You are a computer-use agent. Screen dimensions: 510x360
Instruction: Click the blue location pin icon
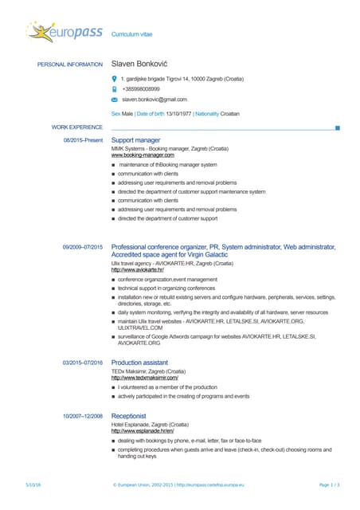(x=114, y=79)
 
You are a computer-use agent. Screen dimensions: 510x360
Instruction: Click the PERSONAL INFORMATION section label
(x=70, y=65)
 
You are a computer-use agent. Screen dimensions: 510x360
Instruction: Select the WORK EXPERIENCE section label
(x=77, y=127)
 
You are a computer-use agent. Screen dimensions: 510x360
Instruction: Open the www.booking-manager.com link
(x=143, y=155)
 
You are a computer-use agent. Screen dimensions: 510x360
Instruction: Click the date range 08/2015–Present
(x=83, y=140)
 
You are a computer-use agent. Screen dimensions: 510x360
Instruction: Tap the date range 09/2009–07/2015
(x=83, y=248)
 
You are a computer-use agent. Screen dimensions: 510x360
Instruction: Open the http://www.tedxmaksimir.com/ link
(x=145, y=377)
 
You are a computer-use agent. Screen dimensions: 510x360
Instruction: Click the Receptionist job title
(x=128, y=416)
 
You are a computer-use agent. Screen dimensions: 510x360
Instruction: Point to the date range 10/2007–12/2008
(x=83, y=416)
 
